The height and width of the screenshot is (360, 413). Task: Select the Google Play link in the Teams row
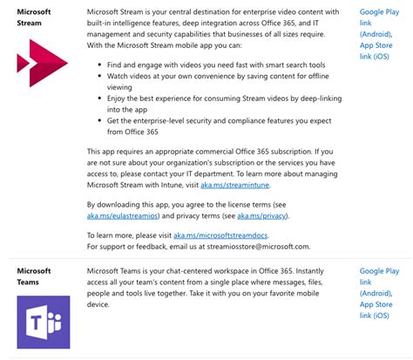(379, 279)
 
